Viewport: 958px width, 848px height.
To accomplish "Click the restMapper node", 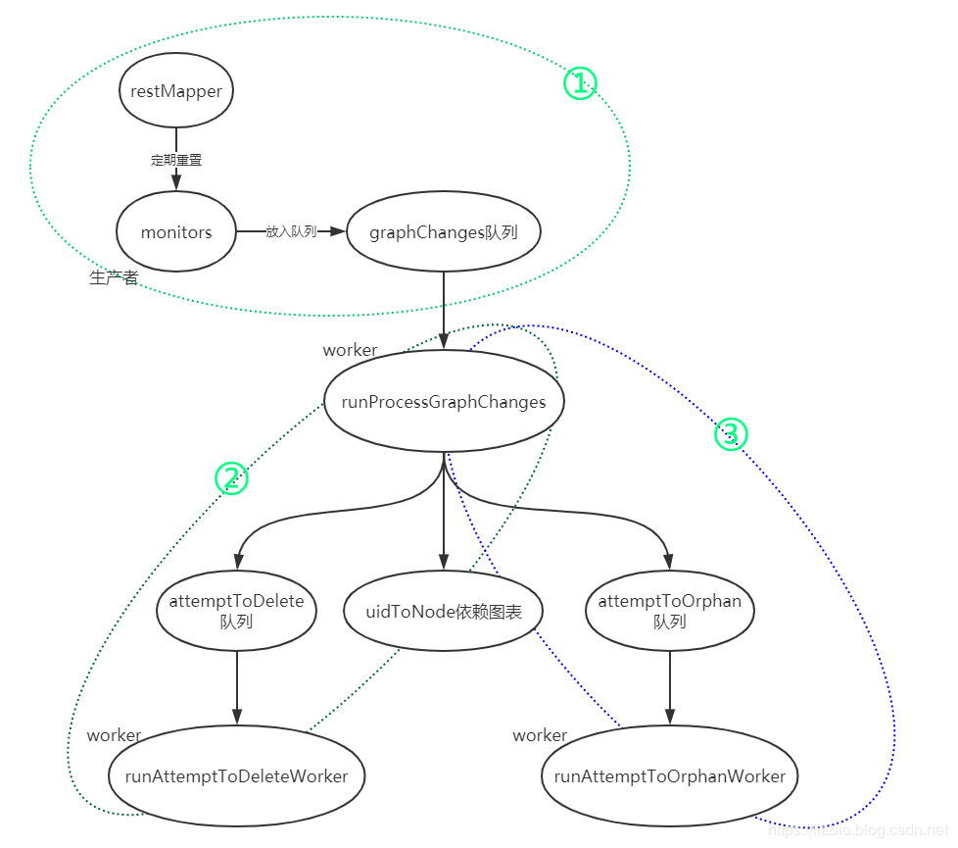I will tap(176, 90).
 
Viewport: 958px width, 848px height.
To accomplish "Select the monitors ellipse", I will tap(176, 232).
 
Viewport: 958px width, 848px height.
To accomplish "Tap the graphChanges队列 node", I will tap(443, 232).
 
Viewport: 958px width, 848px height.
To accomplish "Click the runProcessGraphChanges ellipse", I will tap(443, 402).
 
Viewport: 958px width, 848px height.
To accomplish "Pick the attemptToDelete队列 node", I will tap(236, 610).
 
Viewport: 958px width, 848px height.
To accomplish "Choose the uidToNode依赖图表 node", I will tap(443, 612).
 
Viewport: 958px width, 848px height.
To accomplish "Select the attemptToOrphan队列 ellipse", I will tap(670, 610).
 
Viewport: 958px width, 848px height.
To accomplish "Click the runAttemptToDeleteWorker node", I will tap(236, 776).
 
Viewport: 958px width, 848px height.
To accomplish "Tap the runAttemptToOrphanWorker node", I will tap(670, 776).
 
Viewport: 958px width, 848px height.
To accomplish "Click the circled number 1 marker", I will tap(580, 83).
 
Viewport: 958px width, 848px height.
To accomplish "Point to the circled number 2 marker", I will tap(231, 478).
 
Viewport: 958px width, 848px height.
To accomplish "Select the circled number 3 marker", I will tap(731, 433).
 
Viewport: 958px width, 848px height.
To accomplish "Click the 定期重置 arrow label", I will tap(176, 160).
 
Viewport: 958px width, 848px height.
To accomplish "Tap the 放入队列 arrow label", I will tap(291, 232).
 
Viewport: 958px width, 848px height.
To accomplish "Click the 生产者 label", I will tap(114, 278).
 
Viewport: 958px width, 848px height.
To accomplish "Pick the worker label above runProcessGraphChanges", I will tap(350, 350).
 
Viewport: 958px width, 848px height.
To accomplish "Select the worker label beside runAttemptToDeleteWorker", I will tap(114, 735).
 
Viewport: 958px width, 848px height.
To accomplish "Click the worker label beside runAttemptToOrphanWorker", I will tap(540, 735).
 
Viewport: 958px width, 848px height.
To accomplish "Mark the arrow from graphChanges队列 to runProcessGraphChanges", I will tap(444, 309).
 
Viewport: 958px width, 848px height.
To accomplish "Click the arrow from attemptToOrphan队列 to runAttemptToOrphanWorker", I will tap(670, 686).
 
